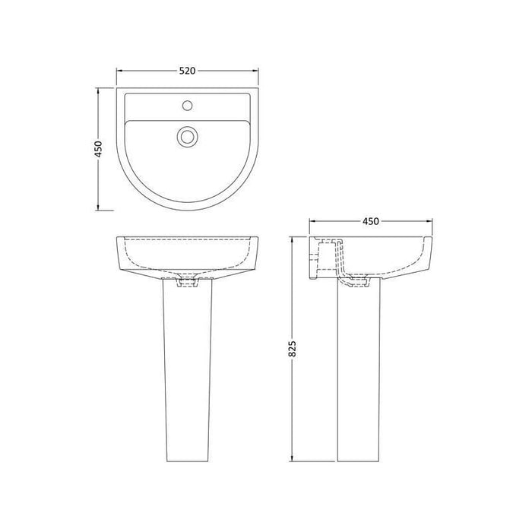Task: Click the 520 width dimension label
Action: (188, 71)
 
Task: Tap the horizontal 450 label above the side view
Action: (369, 221)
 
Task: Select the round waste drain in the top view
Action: (187, 137)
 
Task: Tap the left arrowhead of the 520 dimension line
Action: (119, 71)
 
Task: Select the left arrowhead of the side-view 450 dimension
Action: (312, 221)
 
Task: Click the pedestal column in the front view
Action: (187, 372)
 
